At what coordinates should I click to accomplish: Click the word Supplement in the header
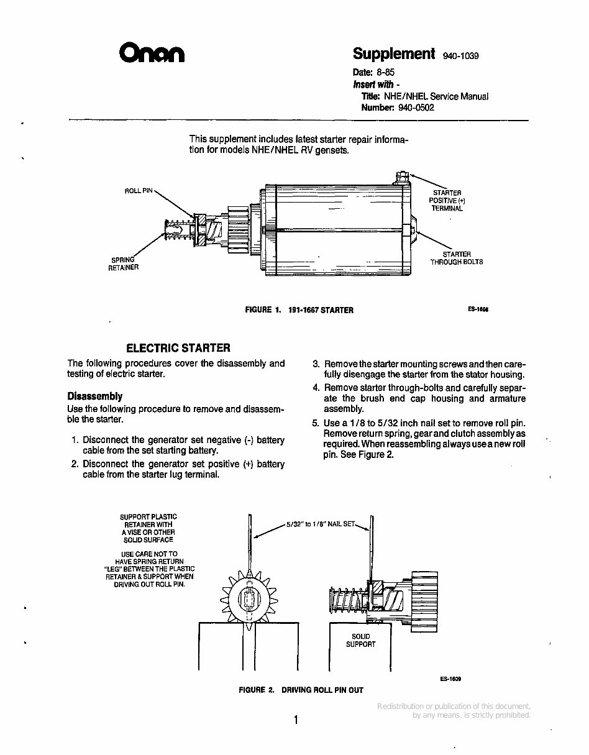(394, 53)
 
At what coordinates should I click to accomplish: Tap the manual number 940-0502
(416, 107)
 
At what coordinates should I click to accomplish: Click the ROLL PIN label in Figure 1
(138, 191)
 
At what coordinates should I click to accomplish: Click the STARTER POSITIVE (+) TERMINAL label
(447, 201)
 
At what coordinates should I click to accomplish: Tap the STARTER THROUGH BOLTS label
(457, 258)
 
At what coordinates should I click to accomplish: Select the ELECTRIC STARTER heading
(178, 348)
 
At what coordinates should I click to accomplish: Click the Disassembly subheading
(94, 396)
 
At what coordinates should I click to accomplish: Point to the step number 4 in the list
(316, 388)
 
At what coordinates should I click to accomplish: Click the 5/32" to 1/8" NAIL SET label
(320, 524)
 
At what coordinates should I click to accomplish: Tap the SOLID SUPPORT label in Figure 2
(360, 640)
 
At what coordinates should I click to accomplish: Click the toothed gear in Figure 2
(248, 601)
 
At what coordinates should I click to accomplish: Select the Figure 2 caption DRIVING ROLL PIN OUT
(301, 690)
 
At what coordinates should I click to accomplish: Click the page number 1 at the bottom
(296, 720)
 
